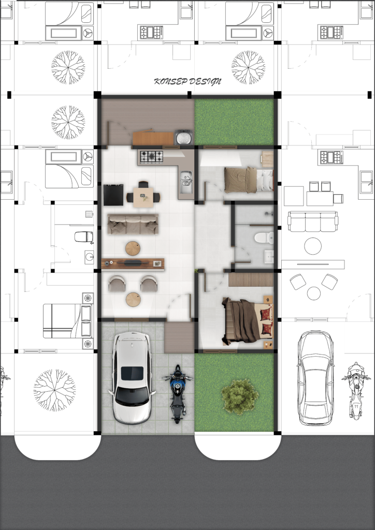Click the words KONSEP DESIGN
pos(187,81)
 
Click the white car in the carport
pos(132,377)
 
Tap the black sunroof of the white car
pos(132,373)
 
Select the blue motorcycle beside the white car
pos(178,394)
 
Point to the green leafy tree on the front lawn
pos(240,396)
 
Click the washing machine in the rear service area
pos(183,137)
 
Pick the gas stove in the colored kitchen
pos(151,156)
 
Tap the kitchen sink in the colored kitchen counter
pos(186,182)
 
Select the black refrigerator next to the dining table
pos(113,195)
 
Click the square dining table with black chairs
pos(143,197)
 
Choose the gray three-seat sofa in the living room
pos(133,224)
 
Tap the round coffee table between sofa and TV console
pos(133,248)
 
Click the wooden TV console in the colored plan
pos(133,264)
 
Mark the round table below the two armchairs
pos(133,300)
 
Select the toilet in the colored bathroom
pos(264,238)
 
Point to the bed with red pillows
pos(247,321)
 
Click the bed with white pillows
pos(249,180)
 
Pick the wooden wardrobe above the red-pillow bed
pos(251,280)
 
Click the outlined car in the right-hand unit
pos(315,378)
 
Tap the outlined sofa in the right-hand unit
pos(313,222)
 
